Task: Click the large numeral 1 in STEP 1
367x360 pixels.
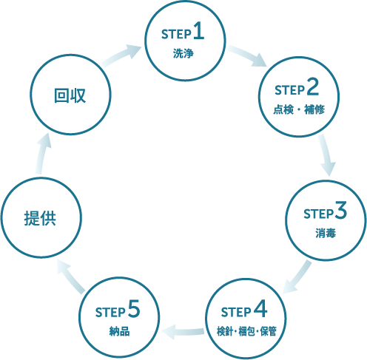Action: (199, 30)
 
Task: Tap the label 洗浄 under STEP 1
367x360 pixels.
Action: (183, 53)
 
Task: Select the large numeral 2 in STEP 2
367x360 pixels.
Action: (313, 86)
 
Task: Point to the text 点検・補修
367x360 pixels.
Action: (299, 109)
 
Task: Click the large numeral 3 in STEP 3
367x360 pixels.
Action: (341, 210)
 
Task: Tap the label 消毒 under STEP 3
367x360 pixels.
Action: (326, 233)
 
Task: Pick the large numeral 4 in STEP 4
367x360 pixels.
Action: (260, 308)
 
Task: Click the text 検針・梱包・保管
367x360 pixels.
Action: (246, 331)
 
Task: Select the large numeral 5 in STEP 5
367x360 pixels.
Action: (134, 308)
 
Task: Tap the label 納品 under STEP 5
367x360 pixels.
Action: (120, 331)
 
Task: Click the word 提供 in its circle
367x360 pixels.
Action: (40, 218)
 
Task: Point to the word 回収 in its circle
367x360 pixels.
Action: (70, 95)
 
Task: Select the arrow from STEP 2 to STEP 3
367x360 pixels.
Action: (326, 154)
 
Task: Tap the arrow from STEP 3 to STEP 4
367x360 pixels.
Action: (297, 277)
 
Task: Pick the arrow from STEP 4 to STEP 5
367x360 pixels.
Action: (183, 332)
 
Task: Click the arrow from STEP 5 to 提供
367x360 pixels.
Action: (71, 276)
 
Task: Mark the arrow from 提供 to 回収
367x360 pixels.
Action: (42, 154)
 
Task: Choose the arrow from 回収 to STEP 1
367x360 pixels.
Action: (121, 55)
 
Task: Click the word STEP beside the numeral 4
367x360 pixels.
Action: (236, 313)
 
